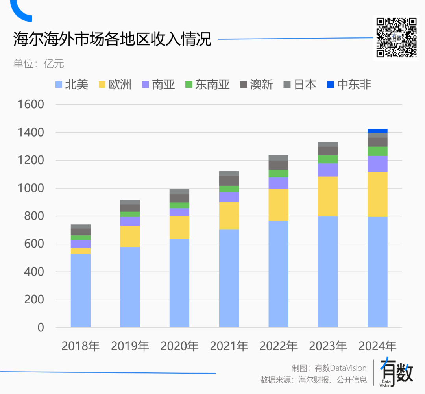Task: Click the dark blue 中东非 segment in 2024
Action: coord(377,131)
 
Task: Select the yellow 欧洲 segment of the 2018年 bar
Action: coord(81,251)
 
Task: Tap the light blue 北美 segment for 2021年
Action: coord(229,278)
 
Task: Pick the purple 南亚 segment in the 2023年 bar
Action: coord(328,170)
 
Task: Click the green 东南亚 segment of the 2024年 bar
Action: coord(377,151)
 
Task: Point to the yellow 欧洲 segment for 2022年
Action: coord(279,205)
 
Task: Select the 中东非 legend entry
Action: coord(349,85)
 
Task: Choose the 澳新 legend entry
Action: coord(256,85)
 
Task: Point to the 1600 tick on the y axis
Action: coord(30,105)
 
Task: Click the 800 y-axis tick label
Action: coord(33,216)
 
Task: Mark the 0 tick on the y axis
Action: coord(41,327)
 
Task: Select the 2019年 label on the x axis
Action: coord(130,346)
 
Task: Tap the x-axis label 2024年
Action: coord(377,346)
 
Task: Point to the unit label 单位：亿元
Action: coord(39,63)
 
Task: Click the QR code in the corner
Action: coord(396,38)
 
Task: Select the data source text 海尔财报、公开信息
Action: coord(333,380)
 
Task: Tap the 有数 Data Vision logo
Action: coord(395,372)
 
